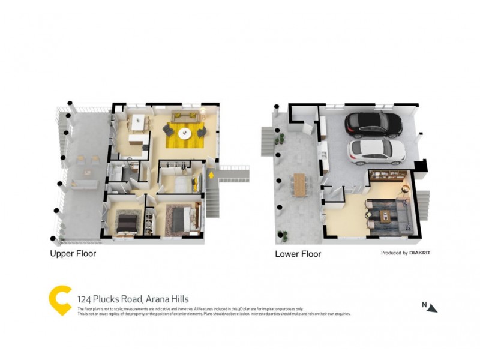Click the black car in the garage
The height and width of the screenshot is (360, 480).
click(x=373, y=124)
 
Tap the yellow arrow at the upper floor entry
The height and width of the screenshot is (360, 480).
click(x=211, y=175)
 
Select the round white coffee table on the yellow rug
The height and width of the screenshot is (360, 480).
click(x=185, y=133)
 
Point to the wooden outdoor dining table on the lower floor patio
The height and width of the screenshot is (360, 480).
click(x=300, y=184)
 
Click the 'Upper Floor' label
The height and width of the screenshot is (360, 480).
click(x=73, y=254)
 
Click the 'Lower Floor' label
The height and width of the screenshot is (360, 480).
click(x=298, y=254)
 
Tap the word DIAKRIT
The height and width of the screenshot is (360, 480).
click(x=420, y=253)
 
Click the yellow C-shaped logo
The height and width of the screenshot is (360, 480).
click(x=59, y=300)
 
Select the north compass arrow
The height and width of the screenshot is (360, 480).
click(x=433, y=307)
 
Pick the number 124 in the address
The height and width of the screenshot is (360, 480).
click(x=85, y=299)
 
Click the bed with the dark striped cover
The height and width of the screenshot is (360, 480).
click(x=127, y=223)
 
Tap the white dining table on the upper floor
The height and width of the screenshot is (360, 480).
click(x=139, y=122)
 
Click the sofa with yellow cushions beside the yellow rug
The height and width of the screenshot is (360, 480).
click(x=183, y=115)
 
